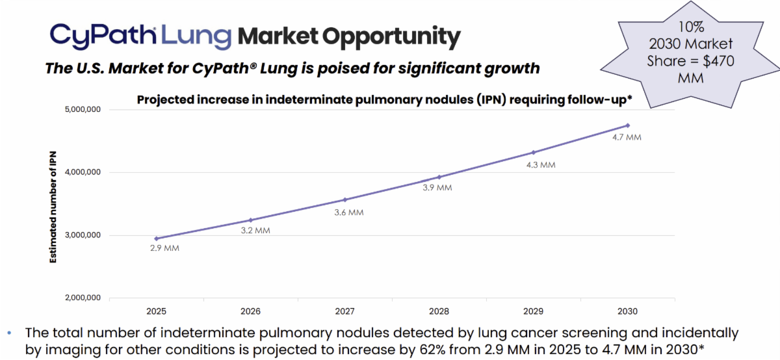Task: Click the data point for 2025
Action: [x=157, y=238]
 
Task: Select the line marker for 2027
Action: [x=345, y=199]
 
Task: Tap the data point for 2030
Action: [x=628, y=125]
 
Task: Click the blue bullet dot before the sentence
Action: [x=9, y=333]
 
